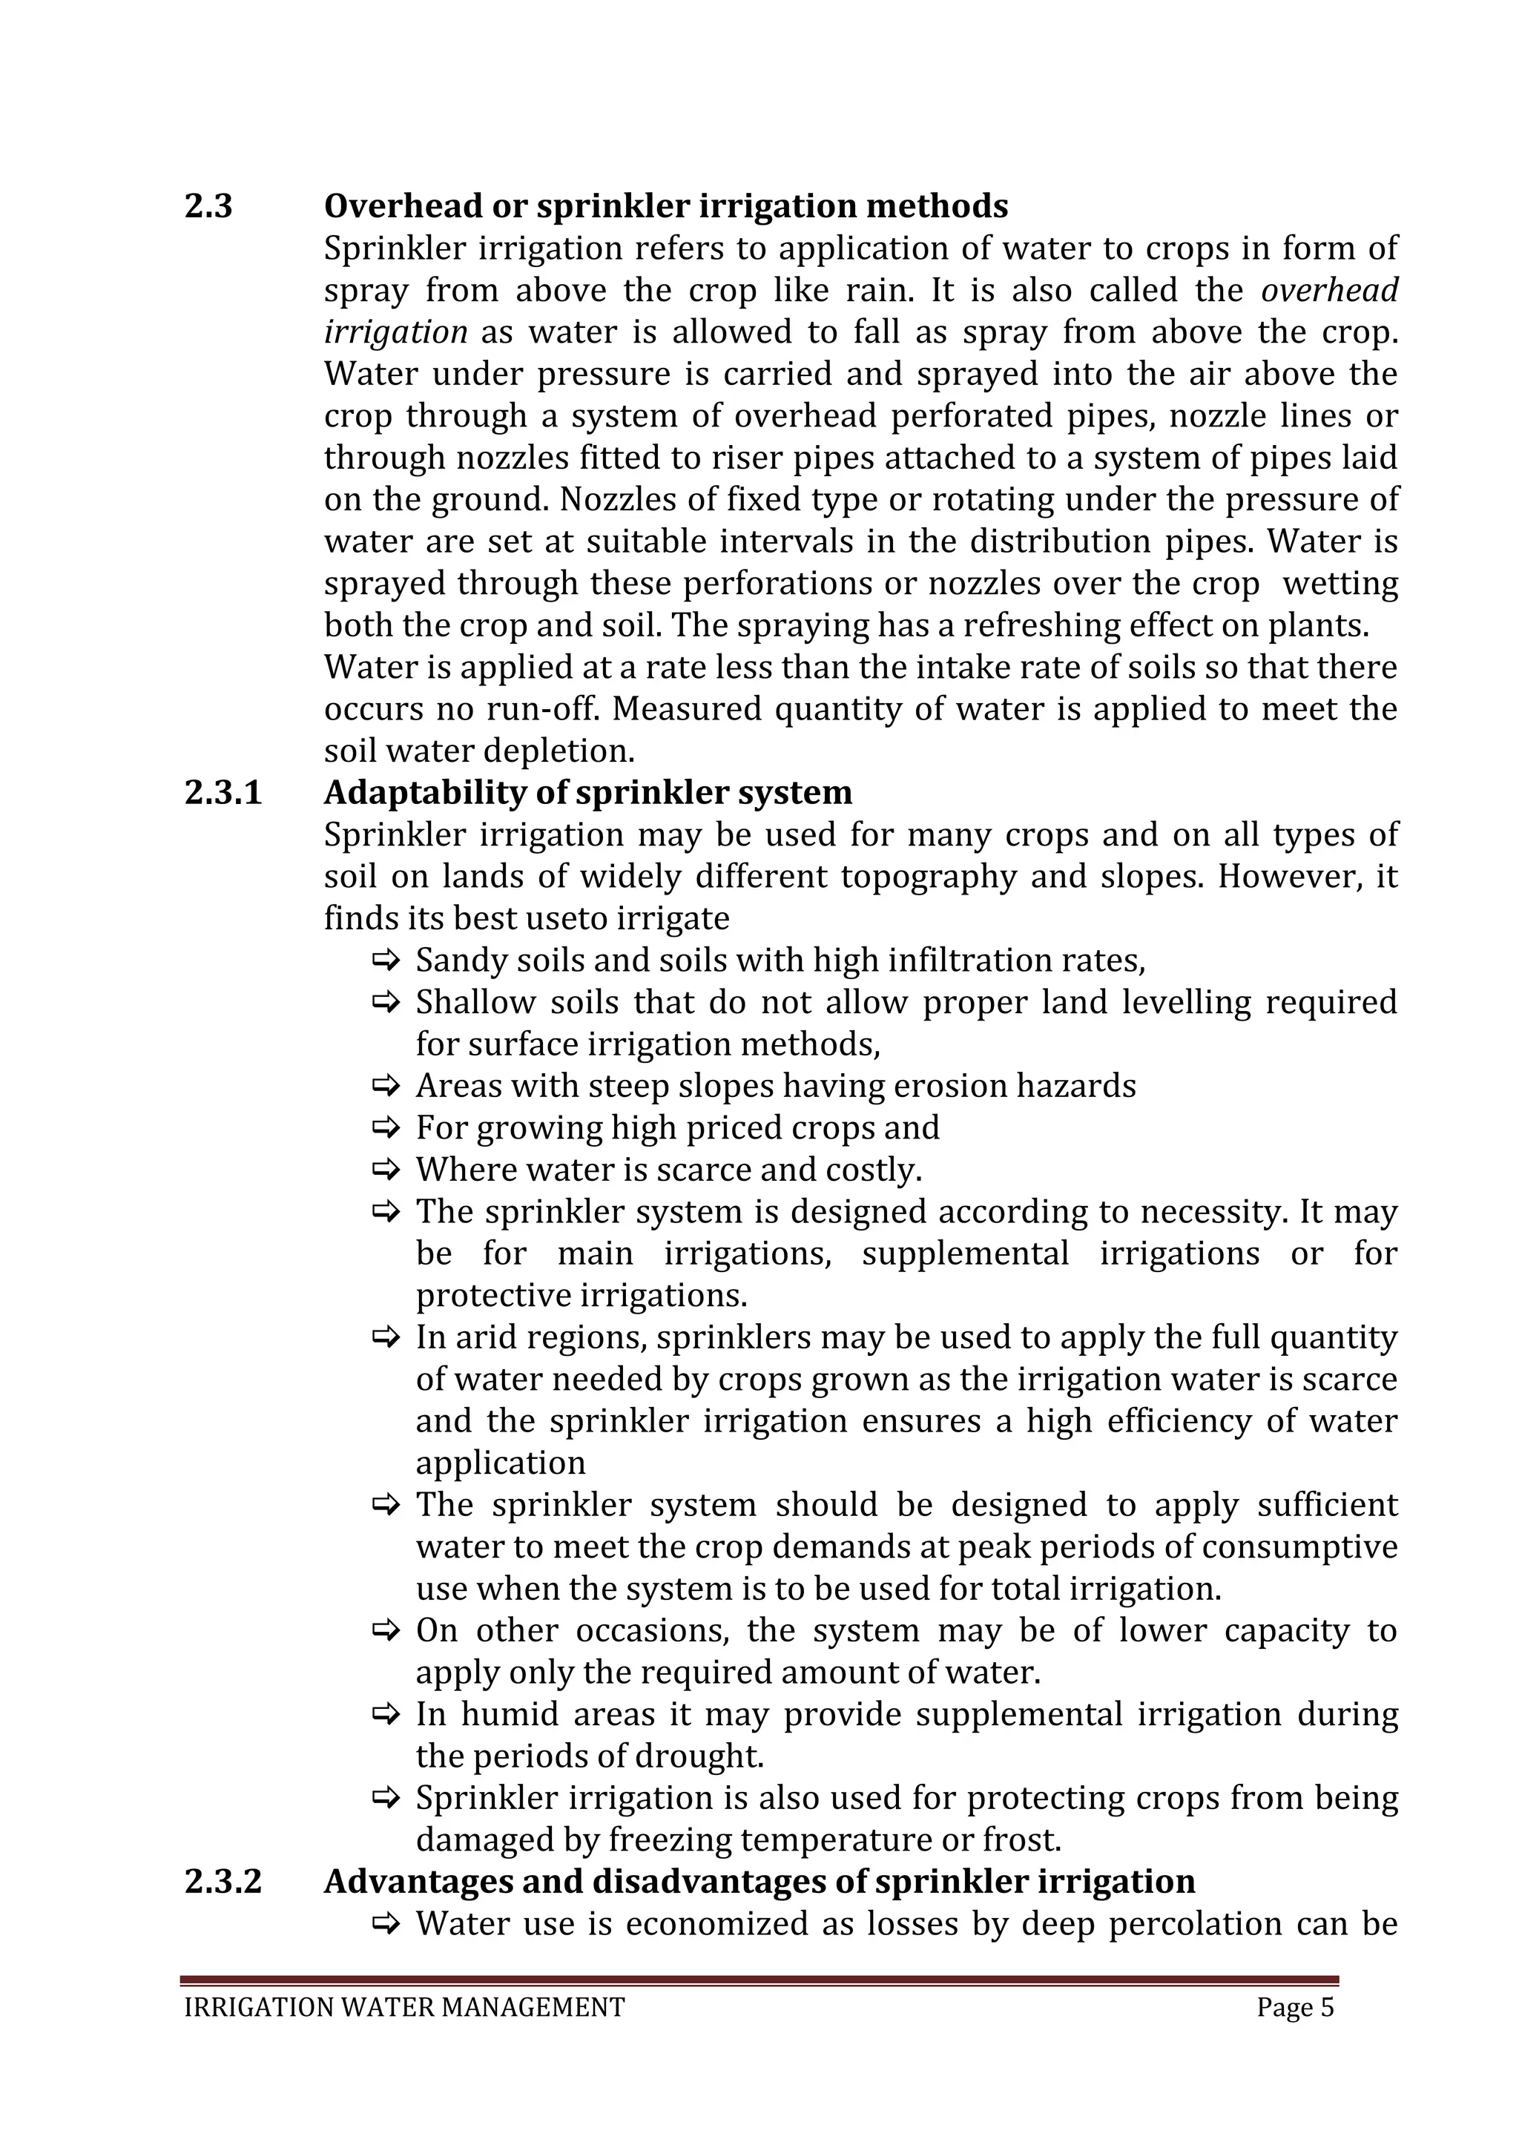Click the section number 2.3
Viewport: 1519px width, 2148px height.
pos(208,205)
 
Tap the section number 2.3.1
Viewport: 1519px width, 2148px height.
pos(223,792)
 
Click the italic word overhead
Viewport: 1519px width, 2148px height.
pos(1329,290)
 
